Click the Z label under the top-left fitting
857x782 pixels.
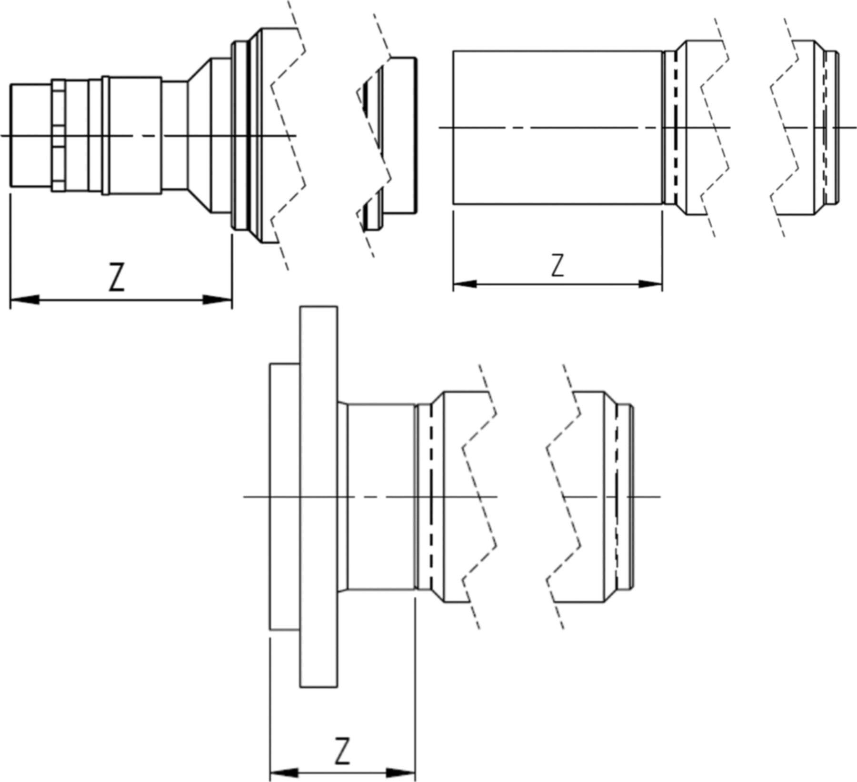click(x=117, y=277)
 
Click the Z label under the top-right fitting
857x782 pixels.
click(x=557, y=266)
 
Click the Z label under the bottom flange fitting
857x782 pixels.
click(x=342, y=751)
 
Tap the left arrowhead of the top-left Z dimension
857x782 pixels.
click(x=24, y=300)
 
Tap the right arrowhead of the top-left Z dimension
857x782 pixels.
click(x=218, y=300)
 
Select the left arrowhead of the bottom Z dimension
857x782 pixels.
click(x=284, y=772)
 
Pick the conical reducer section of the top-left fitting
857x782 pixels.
click(x=199, y=136)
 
